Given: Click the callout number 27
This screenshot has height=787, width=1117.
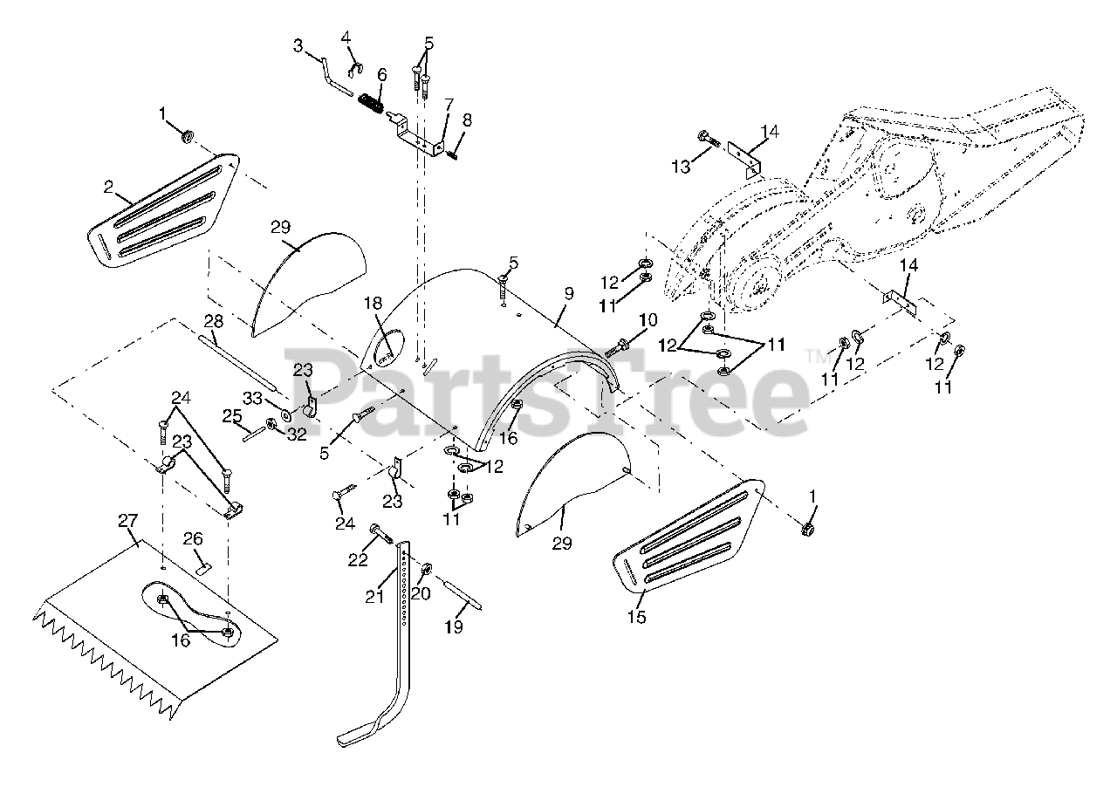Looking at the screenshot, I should [x=128, y=521].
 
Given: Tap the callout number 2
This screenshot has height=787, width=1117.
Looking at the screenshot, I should [x=107, y=186].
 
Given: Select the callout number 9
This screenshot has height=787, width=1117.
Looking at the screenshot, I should [x=568, y=294].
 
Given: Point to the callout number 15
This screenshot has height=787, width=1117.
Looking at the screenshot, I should [x=636, y=618].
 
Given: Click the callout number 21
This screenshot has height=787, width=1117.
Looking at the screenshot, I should [x=373, y=596].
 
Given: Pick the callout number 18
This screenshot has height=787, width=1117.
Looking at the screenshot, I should [x=373, y=303].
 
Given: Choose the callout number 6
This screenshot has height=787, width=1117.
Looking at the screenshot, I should [x=381, y=75].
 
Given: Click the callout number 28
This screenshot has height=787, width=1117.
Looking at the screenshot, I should [x=215, y=320].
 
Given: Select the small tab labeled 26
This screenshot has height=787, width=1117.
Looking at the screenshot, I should [x=204, y=565].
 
